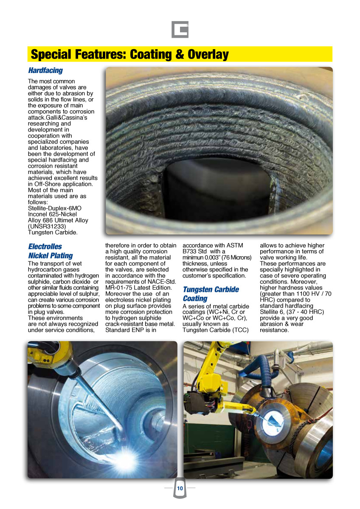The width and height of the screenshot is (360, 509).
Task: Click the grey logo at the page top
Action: tap(180, 30)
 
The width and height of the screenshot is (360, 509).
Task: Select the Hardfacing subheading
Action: tap(45, 70)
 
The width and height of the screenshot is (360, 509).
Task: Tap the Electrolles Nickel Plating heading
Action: tap(50, 251)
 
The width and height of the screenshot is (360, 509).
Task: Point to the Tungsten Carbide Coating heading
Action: tap(211, 294)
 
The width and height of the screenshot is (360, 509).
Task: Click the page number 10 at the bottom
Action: tap(180, 489)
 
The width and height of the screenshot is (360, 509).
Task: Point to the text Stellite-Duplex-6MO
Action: tap(55, 208)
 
